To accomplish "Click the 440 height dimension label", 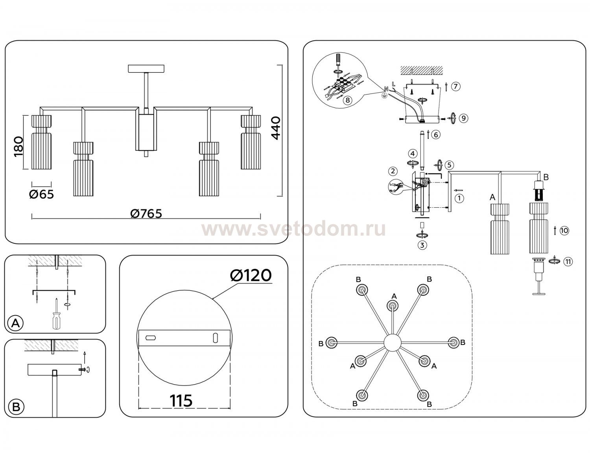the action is tap(276, 128).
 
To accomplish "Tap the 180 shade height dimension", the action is tap(18, 147).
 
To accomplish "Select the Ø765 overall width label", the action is tap(146, 214).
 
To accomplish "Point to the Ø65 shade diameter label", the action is tap(42, 194).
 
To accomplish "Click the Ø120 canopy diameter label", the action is tap(251, 275).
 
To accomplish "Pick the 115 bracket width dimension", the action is tap(181, 400).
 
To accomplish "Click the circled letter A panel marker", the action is tap(16, 323).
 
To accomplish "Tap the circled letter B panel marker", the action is tap(16, 407).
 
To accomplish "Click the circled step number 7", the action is tap(455, 87).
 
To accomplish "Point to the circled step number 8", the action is tap(347, 100).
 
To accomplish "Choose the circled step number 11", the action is tap(568, 262).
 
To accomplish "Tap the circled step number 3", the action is tap(422, 245).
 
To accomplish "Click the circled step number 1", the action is tap(459, 198).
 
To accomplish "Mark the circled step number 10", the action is tap(564, 231).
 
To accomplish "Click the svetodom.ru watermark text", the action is tap(293, 229).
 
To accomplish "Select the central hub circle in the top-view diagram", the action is tap(392, 343).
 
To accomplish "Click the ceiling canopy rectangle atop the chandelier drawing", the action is tap(146, 69).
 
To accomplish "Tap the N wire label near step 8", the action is tap(386, 88).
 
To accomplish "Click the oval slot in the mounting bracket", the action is tap(215, 338).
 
